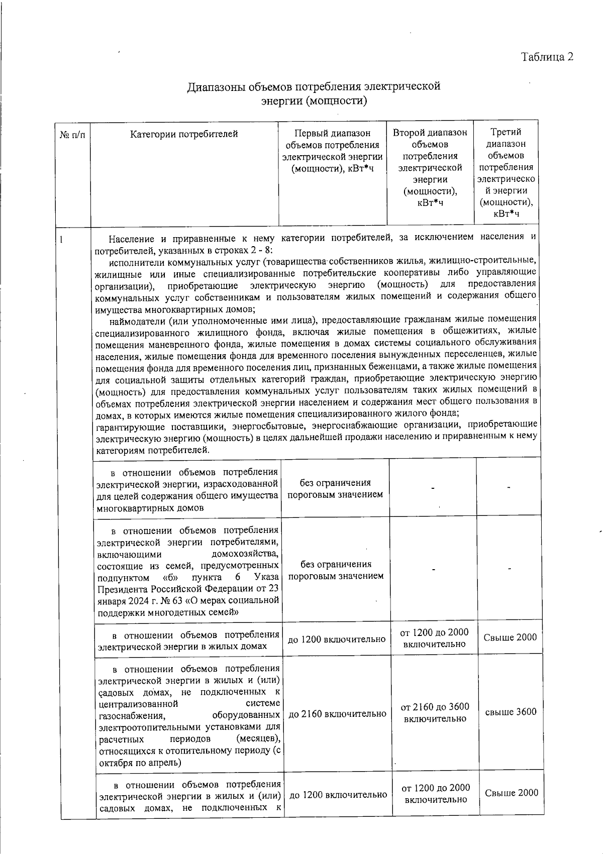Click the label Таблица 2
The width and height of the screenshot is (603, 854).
point(547,57)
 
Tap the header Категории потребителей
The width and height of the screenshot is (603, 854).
point(184,134)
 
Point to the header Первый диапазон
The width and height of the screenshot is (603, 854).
point(332,133)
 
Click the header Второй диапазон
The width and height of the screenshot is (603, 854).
point(430,133)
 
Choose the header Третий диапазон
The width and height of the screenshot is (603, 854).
point(506,132)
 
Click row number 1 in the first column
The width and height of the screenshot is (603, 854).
point(61,240)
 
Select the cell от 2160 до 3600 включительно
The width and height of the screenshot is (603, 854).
point(435,712)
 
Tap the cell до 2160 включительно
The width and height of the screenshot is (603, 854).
point(337,713)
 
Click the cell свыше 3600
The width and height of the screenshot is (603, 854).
point(511,712)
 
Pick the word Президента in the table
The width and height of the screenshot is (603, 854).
point(120,588)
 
